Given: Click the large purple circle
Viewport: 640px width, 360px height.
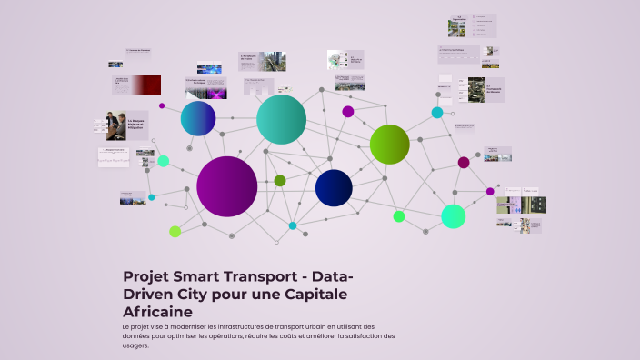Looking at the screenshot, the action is click(227, 186).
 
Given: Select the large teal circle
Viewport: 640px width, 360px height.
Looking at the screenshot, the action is click(281, 119).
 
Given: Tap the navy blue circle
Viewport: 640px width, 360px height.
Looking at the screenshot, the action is click(334, 187).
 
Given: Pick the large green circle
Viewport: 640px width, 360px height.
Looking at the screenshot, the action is click(390, 144).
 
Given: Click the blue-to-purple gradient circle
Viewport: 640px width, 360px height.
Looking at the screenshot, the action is click(197, 118).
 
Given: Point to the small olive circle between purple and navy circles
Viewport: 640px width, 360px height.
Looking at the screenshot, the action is click(280, 180).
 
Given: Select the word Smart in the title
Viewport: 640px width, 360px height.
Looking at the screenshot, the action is click(205, 276).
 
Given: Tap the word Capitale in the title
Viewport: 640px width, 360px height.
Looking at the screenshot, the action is click(316, 295).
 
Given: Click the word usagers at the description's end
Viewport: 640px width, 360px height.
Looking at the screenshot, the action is click(135, 345).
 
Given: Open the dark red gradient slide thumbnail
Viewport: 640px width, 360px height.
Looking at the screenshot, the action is click(137, 85).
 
